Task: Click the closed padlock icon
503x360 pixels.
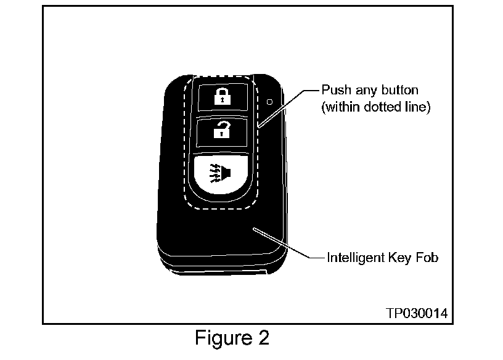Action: [220, 96]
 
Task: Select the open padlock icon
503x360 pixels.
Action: [220, 130]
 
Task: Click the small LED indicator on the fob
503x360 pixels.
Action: [269, 100]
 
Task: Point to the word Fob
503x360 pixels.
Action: [426, 258]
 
